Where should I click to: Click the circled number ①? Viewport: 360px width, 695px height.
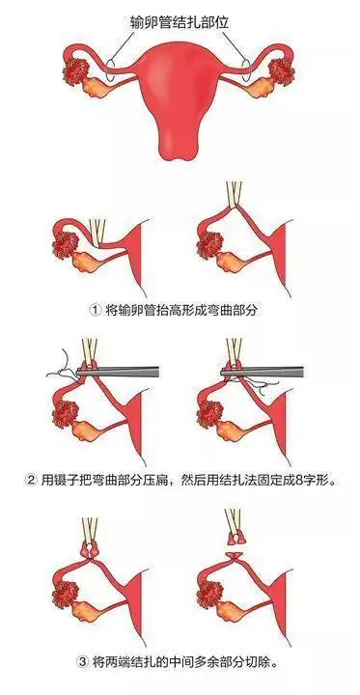[x=95, y=311]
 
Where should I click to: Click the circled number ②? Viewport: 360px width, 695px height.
[x=34, y=480]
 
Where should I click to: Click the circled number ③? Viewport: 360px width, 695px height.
[x=81, y=662]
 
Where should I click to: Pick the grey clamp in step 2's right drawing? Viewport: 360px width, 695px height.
[x=270, y=369]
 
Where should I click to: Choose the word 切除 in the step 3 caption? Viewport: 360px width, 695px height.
[x=258, y=662]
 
